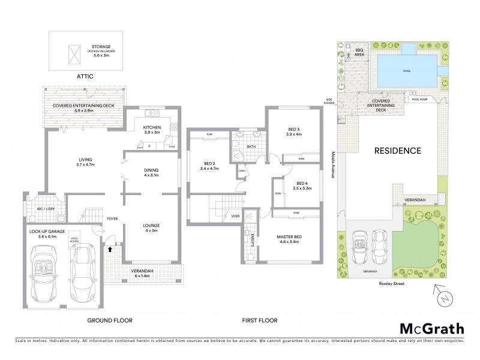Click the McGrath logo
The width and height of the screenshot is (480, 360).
(431, 328)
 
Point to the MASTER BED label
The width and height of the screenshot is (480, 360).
(289, 236)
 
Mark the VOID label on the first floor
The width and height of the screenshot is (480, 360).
(235, 217)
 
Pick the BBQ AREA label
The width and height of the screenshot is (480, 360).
(360, 52)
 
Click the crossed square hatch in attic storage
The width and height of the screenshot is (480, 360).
(74, 55)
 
